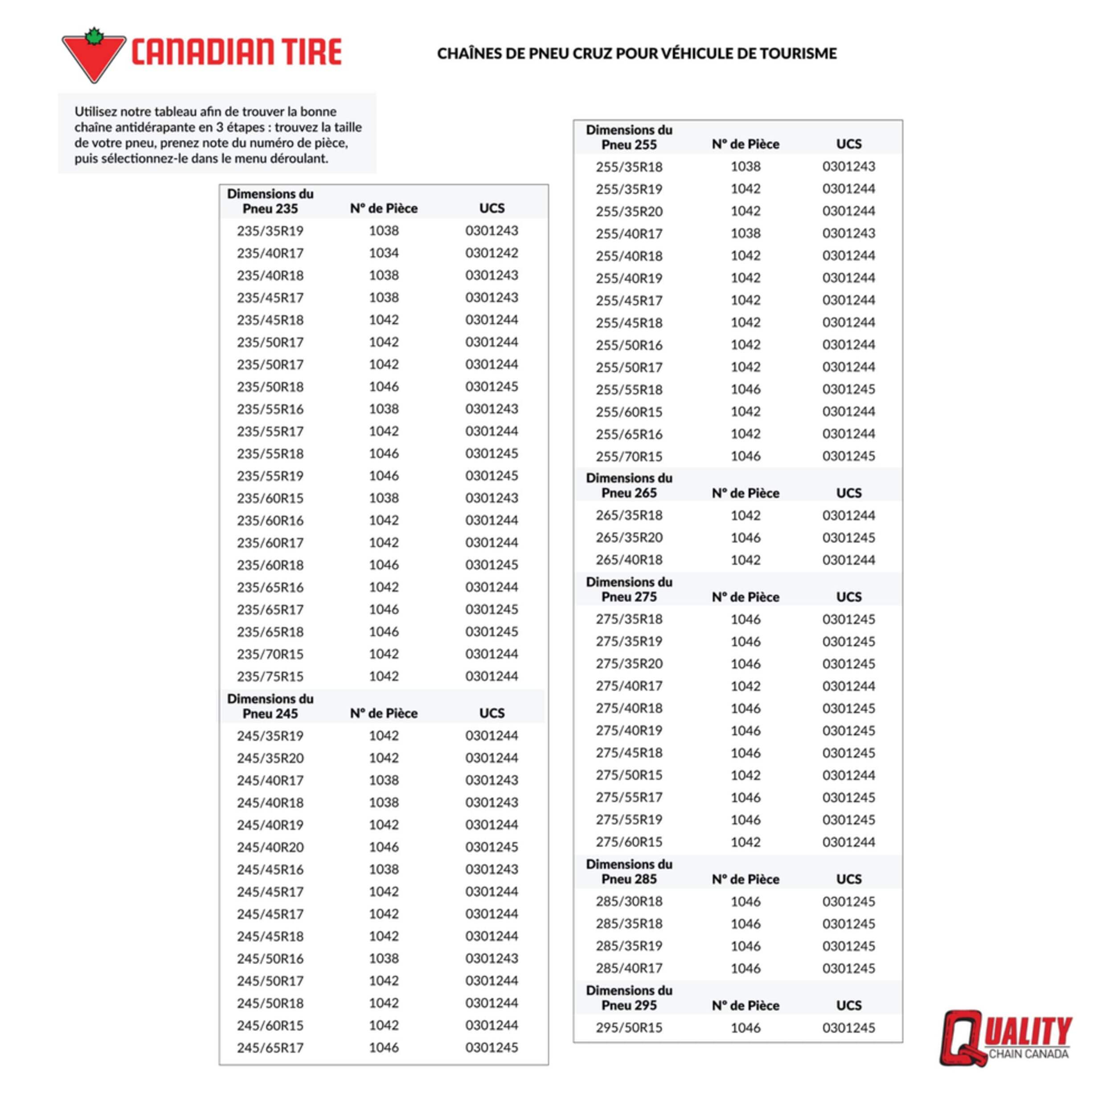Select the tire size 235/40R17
pos(270,253)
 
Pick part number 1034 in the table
pos(384,253)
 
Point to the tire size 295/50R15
pos(629,1028)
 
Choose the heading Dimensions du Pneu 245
pos(270,706)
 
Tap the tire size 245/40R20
pos(270,847)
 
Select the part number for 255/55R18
pos(745,389)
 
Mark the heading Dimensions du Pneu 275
pos(629,589)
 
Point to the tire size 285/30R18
pos(629,901)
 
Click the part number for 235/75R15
pos(384,676)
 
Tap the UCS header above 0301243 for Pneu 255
pos(849,144)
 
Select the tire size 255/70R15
pos(629,456)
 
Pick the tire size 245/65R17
pos(270,1048)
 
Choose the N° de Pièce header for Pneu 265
pos(745,493)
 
